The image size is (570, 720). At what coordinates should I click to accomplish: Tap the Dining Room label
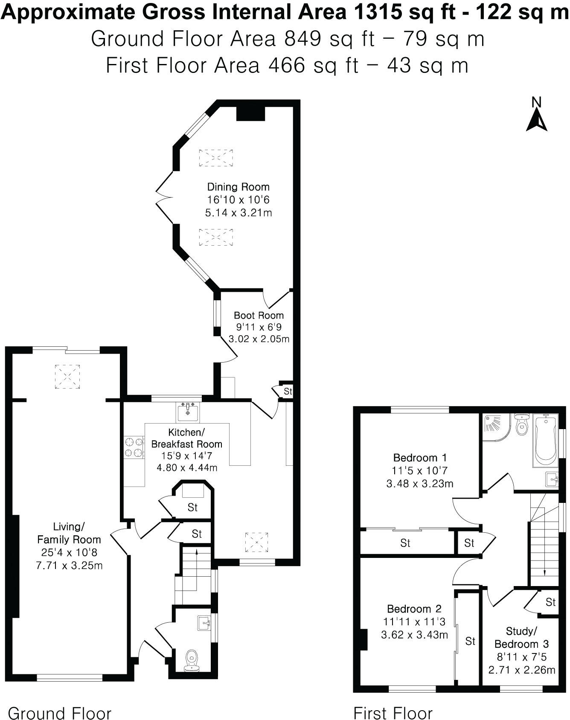[238, 187]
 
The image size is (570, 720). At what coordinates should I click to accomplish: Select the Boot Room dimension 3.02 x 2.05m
[259, 339]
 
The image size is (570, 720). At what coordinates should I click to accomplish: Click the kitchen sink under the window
[188, 412]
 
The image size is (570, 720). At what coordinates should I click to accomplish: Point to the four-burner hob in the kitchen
[134, 447]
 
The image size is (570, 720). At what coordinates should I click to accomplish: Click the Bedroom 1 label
[420, 458]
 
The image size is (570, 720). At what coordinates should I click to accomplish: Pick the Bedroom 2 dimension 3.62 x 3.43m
[414, 635]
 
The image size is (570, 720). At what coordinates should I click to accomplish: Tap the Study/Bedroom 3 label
[521, 637]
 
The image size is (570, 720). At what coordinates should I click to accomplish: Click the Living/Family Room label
[69, 533]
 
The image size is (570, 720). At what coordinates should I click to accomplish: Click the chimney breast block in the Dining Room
[251, 113]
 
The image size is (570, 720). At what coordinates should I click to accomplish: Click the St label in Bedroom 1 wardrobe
[405, 543]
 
